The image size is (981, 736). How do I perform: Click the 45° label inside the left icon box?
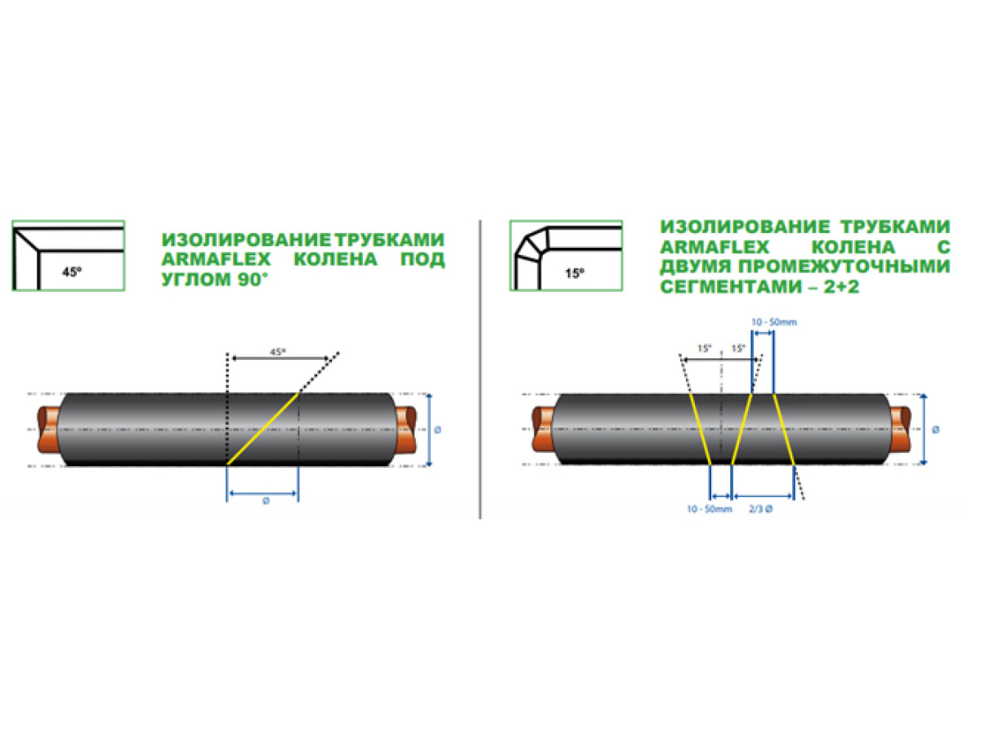tap(72, 272)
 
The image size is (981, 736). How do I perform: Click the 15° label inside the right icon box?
tap(575, 272)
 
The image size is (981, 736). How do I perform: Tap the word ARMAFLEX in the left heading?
tap(217, 259)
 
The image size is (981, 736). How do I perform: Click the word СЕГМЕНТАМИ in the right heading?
tap(731, 286)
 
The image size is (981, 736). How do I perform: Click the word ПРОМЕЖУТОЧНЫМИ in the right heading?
tap(844, 267)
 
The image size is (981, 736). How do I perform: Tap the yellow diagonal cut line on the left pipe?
tap(262, 429)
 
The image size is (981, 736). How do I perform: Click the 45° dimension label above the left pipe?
tap(277, 352)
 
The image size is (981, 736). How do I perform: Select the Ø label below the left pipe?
tap(266, 501)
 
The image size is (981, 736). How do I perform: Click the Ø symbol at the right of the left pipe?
tap(437, 429)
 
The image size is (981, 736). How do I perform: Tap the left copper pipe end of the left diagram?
tap(47, 429)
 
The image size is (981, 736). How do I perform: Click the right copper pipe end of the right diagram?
tap(900, 429)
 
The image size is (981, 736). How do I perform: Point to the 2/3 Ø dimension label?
tap(760, 509)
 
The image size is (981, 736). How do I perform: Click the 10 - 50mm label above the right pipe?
tap(774, 321)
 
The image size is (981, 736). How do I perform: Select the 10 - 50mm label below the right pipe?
tap(710, 509)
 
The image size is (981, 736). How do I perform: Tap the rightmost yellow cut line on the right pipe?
tap(784, 429)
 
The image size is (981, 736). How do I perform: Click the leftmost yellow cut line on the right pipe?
tap(701, 429)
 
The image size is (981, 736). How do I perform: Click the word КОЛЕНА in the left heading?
tap(336, 259)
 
